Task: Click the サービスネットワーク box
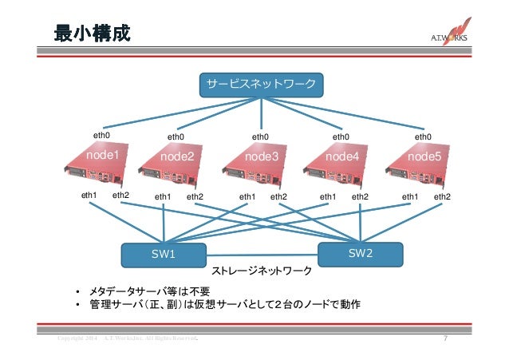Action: point(261,84)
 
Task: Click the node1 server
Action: point(99,164)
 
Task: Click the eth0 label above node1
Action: point(101,136)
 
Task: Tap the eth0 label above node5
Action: point(424,137)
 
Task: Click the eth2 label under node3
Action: point(278,196)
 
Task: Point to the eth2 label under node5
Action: point(442,196)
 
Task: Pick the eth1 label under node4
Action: point(328,196)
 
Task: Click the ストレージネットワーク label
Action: point(261,271)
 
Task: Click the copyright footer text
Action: point(124,341)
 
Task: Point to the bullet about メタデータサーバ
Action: point(148,290)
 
